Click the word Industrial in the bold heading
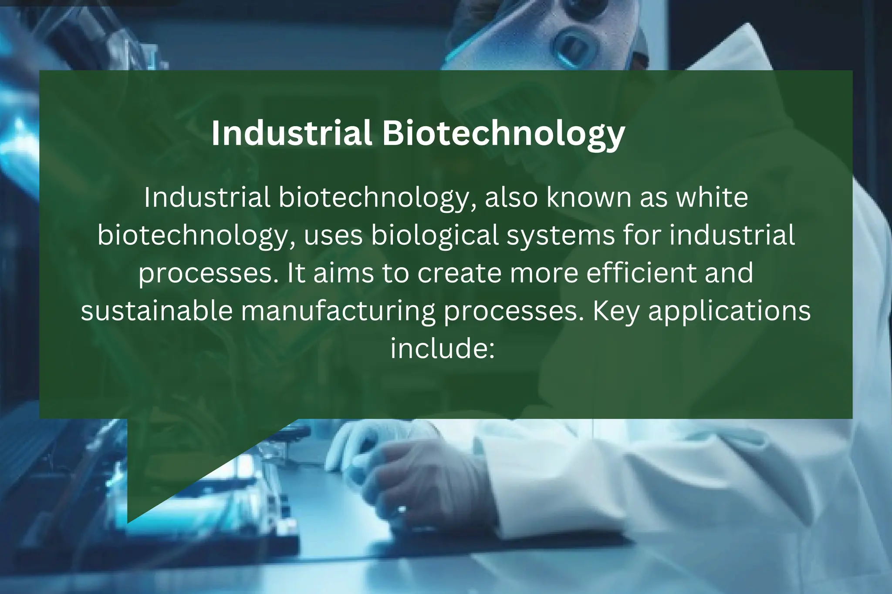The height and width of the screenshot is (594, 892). tap(291, 133)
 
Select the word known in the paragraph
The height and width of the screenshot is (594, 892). tap(589, 198)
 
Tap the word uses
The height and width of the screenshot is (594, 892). tap(333, 235)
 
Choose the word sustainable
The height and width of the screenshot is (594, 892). tap(157, 311)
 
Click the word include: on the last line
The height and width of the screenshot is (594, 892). tap(443, 349)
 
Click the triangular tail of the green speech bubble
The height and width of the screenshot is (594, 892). tap(174, 466)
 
